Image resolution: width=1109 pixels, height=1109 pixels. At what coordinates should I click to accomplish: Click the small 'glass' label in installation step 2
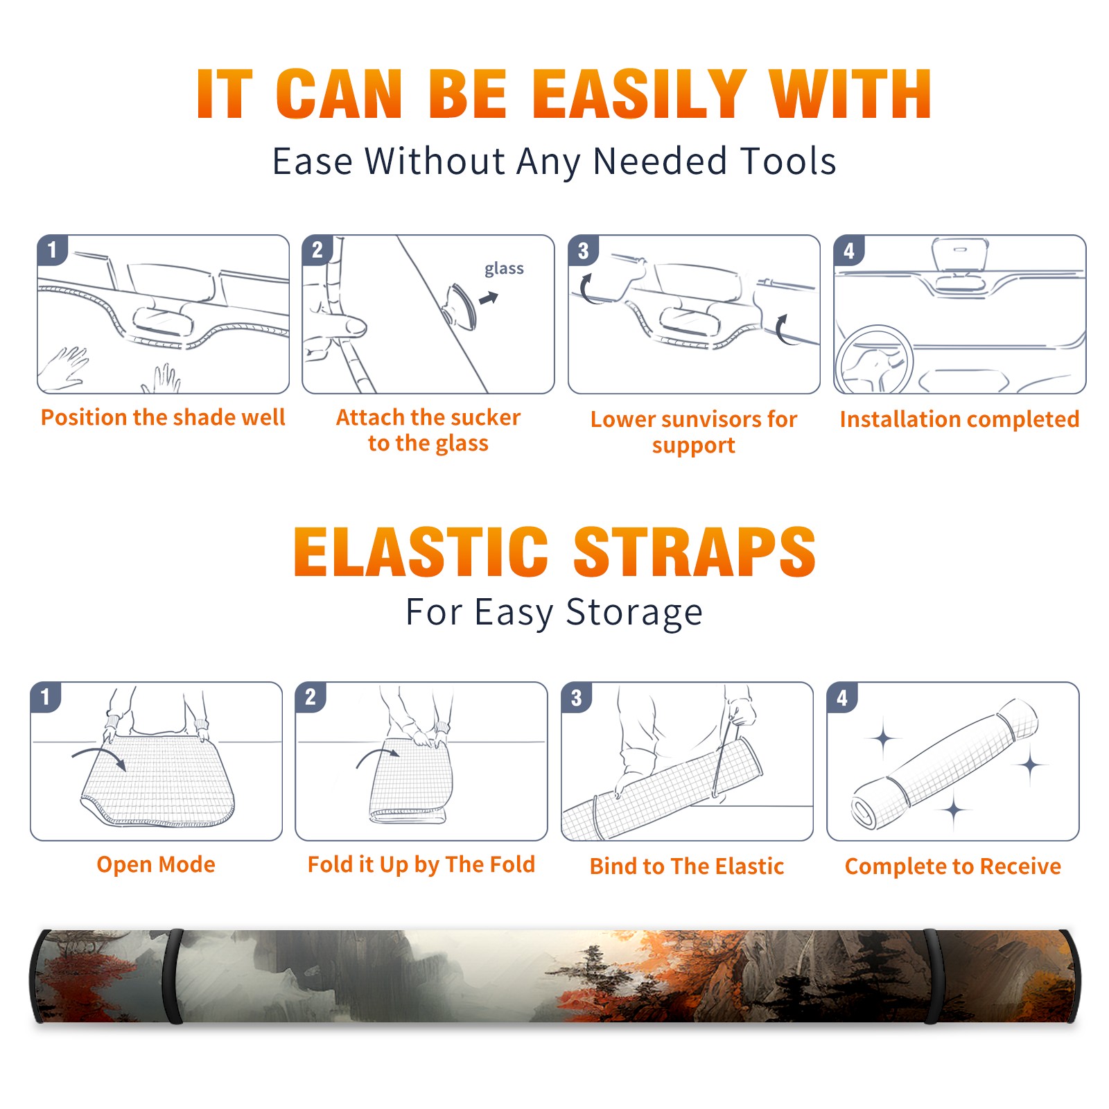coord(504,269)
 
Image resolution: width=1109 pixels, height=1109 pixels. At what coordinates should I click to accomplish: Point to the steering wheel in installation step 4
coord(875,360)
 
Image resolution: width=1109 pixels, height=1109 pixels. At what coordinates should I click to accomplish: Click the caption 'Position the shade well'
coord(163,417)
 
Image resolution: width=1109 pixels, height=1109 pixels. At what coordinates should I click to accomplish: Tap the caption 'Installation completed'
coord(959,419)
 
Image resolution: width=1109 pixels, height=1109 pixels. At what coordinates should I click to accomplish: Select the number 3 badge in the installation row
coord(584,250)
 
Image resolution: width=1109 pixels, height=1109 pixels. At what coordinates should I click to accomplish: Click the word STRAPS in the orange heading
coord(695,552)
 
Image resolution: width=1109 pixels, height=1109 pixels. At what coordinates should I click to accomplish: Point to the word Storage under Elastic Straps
coord(634,613)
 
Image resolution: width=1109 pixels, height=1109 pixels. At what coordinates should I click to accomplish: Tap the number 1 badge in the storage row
coord(46,697)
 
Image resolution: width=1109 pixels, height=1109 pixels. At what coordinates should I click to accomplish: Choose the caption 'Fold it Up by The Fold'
coord(421,864)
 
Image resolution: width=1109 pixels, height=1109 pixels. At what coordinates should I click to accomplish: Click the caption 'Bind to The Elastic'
coord(687,866)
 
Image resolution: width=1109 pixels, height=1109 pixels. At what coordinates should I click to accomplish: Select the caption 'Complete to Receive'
coord(953,866)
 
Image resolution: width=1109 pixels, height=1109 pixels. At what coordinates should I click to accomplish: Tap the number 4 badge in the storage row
coord(842,697)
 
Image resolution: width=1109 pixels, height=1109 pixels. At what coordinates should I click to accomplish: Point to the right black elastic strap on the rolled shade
coord(932,976)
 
